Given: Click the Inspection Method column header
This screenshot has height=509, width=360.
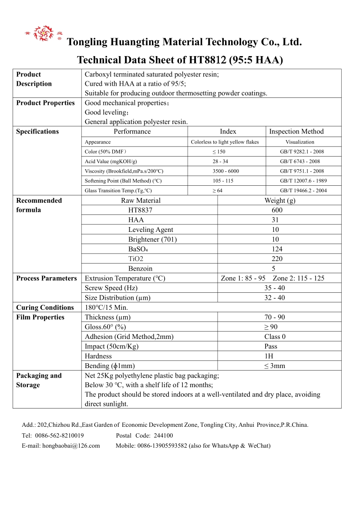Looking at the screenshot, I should (296, 131).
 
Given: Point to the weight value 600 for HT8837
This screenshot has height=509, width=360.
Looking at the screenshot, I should (277, 210).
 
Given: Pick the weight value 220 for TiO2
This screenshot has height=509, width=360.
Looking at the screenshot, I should (277, 259).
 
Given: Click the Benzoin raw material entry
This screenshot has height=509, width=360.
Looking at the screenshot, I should (140, 268).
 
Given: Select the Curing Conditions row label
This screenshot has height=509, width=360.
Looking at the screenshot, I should (45, 308).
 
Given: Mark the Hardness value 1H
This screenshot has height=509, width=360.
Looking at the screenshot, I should (269, 356).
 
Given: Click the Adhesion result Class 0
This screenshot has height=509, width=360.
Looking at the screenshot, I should (275, 337).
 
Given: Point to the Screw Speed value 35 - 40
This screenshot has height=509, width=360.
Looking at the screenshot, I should (275, 288).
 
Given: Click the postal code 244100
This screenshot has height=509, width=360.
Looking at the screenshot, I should (163, 435).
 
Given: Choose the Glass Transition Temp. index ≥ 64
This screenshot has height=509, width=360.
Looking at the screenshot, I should (217, 191).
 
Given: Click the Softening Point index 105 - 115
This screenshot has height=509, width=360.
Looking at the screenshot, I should (223, 181).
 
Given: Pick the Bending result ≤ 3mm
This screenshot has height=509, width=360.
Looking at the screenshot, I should (275, 366).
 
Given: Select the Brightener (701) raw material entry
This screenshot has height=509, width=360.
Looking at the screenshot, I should (152, 239).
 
